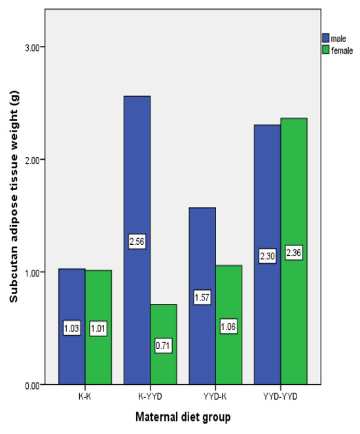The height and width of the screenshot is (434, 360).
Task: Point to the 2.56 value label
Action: coord(137,242)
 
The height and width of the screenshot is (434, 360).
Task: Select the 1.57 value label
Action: coord(202,298)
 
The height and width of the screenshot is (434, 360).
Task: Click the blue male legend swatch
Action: coord(325,39)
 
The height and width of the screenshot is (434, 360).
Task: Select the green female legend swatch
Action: coord(325,51)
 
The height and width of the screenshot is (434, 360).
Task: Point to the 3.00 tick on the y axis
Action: coord(31,47)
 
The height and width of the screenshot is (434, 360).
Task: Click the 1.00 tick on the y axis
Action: coord(31,272)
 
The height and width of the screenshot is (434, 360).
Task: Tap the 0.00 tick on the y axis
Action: coord(31,385)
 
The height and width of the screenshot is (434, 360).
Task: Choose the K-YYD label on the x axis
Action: coord(151,395)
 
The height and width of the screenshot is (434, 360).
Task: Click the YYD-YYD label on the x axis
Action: coord(281,395)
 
